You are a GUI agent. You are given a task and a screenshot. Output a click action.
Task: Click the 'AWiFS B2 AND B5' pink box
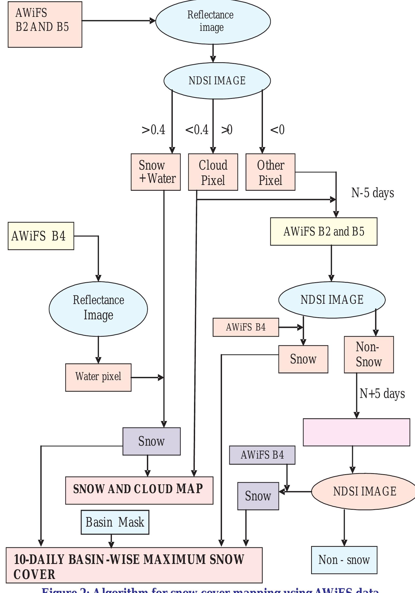coord(45,24)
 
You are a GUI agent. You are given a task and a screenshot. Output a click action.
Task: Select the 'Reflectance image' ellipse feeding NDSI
coord(213,21)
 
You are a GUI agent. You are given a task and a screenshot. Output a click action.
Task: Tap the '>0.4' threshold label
coord(153,130)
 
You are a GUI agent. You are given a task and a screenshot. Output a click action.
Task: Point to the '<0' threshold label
coord(277,130)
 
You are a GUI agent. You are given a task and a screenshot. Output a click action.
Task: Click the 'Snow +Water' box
coord(156,172)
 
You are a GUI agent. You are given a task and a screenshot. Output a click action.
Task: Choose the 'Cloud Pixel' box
coord(213,172)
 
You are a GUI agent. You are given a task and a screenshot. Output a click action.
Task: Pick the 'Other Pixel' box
coord(270,172)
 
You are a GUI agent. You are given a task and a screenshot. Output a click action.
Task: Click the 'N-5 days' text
coord(373,193)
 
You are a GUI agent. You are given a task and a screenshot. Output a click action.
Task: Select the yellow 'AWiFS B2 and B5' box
coord(324,231)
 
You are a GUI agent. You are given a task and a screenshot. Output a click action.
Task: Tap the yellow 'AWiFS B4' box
coord(41,236)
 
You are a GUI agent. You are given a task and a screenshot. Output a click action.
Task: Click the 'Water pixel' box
coord(98,377)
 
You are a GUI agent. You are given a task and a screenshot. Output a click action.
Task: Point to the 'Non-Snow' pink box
coord(369,355)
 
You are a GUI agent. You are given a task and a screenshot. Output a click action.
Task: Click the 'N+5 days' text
coord(382,394)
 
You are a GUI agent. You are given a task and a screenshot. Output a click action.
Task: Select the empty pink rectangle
coord(356,432)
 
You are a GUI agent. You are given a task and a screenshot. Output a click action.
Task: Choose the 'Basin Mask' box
coord(115,522)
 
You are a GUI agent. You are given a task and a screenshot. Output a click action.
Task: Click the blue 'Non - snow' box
coord(344,560)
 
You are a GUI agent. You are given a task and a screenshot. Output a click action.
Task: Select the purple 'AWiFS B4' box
coord(262,455)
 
